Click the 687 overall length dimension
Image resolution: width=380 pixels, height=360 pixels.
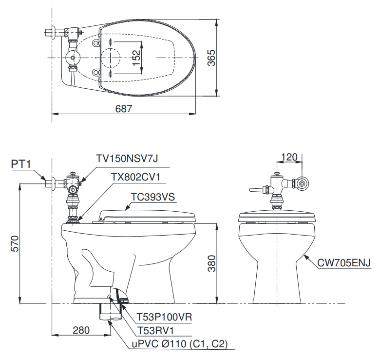click(x=124, y=109)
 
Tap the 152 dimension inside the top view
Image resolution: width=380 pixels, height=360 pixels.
click(x=137, y=57)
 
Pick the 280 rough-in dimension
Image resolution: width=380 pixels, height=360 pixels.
click(x=81, y=330)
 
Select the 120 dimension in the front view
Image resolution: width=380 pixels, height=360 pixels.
click(x=290, y=157)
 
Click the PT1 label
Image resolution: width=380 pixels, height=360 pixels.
click(x=20, y=165)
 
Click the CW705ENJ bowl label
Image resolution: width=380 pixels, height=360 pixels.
click(x=343, y=263)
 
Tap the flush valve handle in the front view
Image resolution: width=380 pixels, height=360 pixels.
click(x=256, y=189)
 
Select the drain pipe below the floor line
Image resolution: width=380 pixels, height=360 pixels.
click(x=109, y=312)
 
